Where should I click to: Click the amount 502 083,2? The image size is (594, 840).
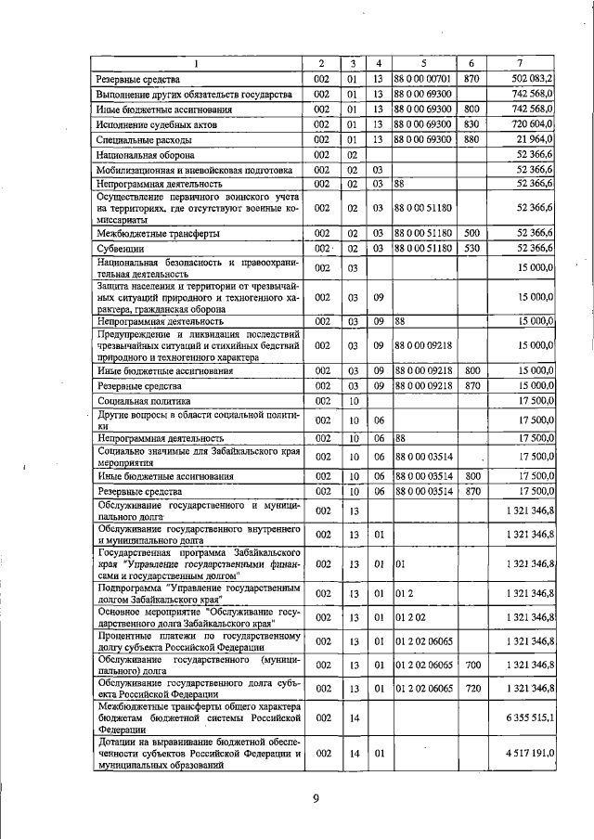pyautogui.click(x=532, y=79)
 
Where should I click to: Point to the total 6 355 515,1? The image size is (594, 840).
pyautogui.click(x=525, y=717)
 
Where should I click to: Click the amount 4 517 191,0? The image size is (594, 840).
pyautogui.click(x=525, y=756)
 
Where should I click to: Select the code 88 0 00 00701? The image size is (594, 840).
pyautogui.click(x=422, y=79)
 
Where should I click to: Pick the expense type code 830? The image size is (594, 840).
pyautogui.click(x=471, y=123)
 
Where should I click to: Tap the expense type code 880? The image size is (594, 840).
pyautogui.click(x=471, y=139)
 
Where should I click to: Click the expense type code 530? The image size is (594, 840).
pyautogui.click(x=471, y=249)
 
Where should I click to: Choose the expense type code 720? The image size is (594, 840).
pyautogui.click(x=471, y=688)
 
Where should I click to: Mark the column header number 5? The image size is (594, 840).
pyautogui.click(x=422, y=62)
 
